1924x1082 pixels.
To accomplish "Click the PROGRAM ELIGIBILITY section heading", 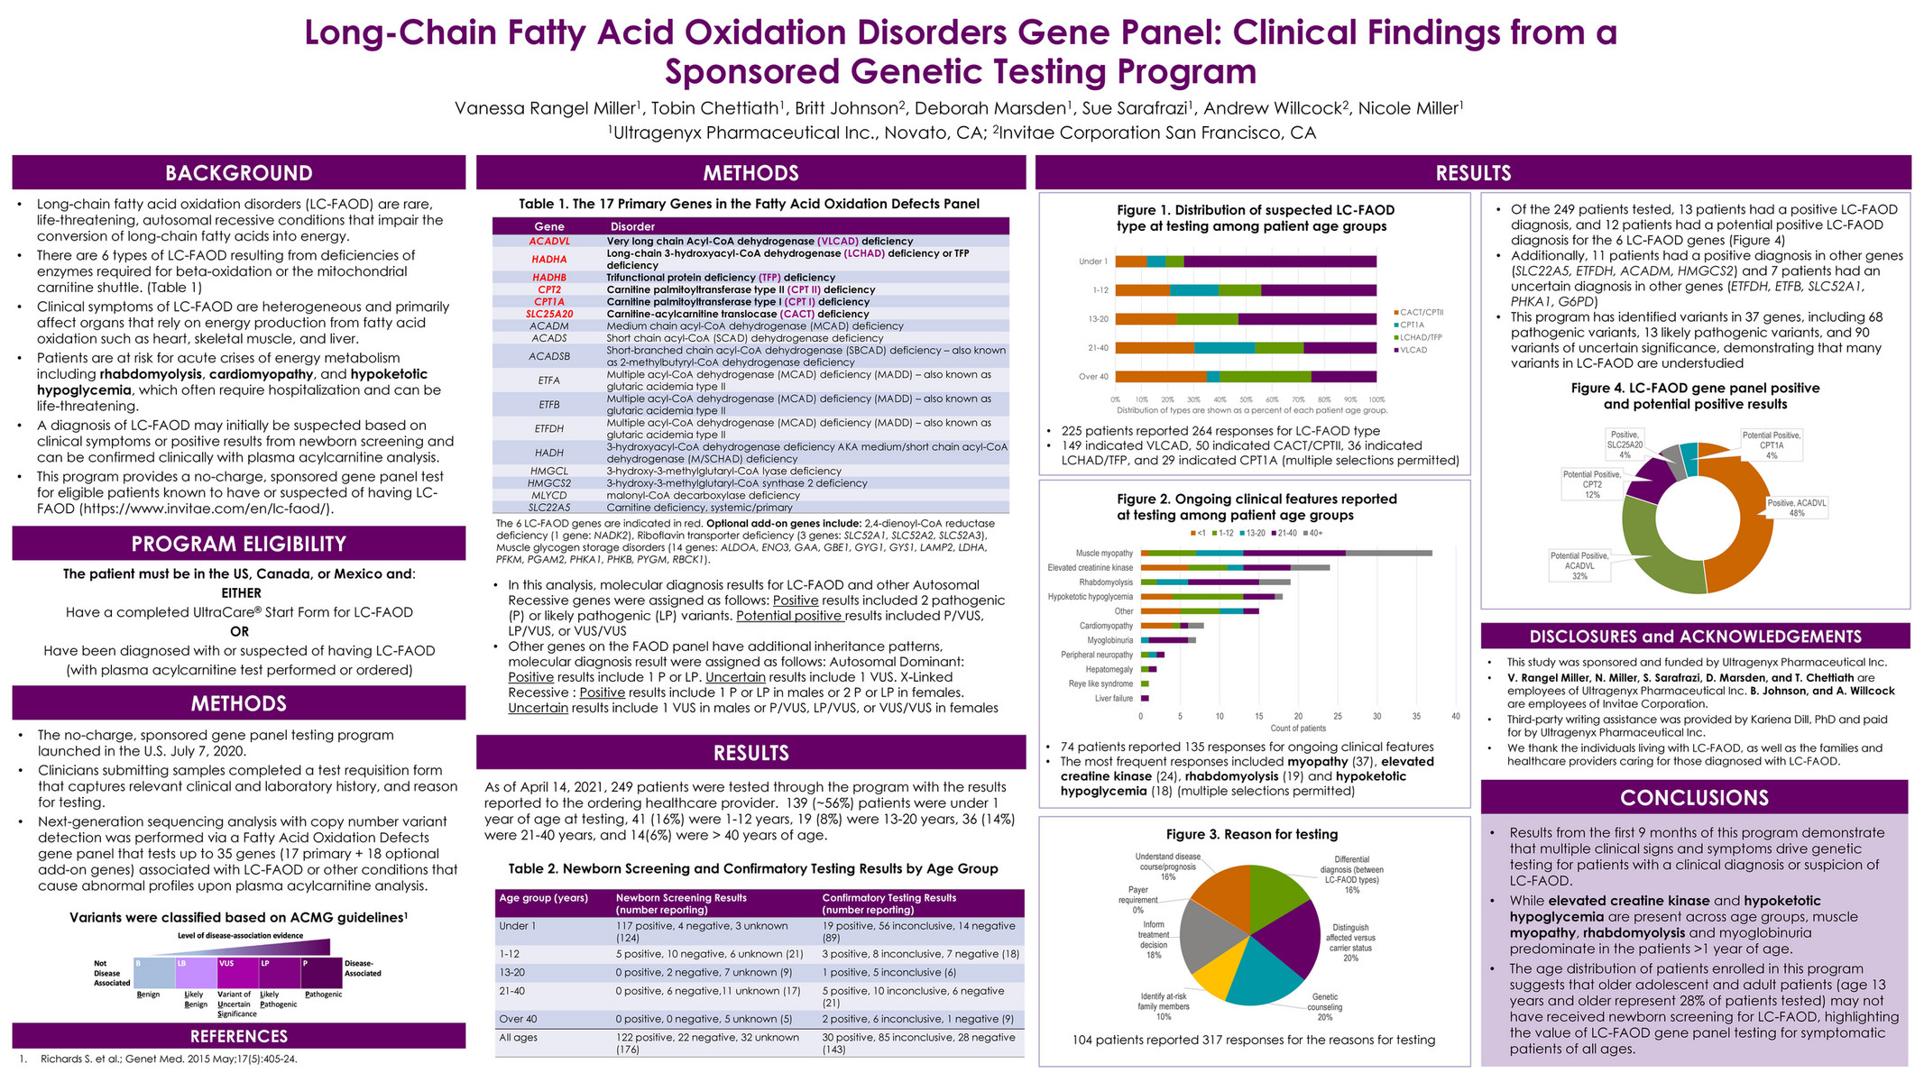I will point(238,544).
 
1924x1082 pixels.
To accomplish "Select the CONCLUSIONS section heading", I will point(1694,797).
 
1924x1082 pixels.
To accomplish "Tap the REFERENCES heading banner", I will point(238,1036).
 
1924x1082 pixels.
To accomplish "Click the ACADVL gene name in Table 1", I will point(549,242).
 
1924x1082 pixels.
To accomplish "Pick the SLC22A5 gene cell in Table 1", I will point(549,508).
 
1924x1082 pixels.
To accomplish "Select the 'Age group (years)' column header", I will point(544,898).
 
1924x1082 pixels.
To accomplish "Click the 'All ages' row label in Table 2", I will point(519,1038).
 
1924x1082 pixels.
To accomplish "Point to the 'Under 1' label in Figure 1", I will point(1092,261).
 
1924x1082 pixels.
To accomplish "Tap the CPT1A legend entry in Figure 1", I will point(1412,325).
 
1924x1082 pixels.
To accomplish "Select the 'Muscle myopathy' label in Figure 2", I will point(1103,554).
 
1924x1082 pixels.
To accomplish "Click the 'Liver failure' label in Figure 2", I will point(1114,699).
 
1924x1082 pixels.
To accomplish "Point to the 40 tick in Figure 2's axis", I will point(1456,717).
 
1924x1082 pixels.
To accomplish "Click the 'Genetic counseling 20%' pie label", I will point(1324,1002).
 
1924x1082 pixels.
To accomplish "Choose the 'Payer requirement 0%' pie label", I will point(1137,900).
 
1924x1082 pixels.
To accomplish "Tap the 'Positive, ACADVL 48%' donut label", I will point(1797,508).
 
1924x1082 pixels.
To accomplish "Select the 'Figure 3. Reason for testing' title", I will point(1251,835).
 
